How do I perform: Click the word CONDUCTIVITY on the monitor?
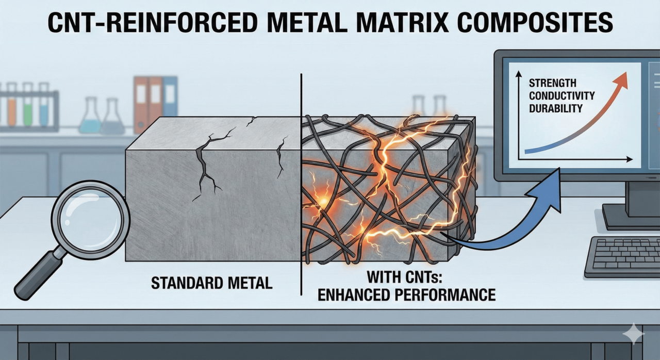(561, 96)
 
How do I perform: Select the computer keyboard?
(624, 256)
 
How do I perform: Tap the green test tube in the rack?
(28, 106)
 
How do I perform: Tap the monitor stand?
(634, 199)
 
